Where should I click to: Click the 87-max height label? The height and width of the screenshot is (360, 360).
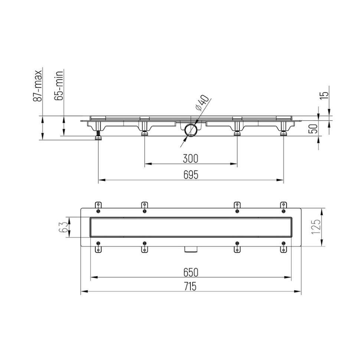37,86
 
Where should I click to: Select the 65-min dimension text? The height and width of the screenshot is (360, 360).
59,86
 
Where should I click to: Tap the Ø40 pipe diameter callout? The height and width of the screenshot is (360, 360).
202,103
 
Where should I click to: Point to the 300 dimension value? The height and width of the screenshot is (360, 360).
190,158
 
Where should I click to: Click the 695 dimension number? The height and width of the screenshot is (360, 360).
190,175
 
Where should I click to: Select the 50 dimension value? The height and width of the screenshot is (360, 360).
314,128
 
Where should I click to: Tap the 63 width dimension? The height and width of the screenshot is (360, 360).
64,227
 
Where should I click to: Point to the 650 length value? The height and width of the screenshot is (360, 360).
190,272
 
